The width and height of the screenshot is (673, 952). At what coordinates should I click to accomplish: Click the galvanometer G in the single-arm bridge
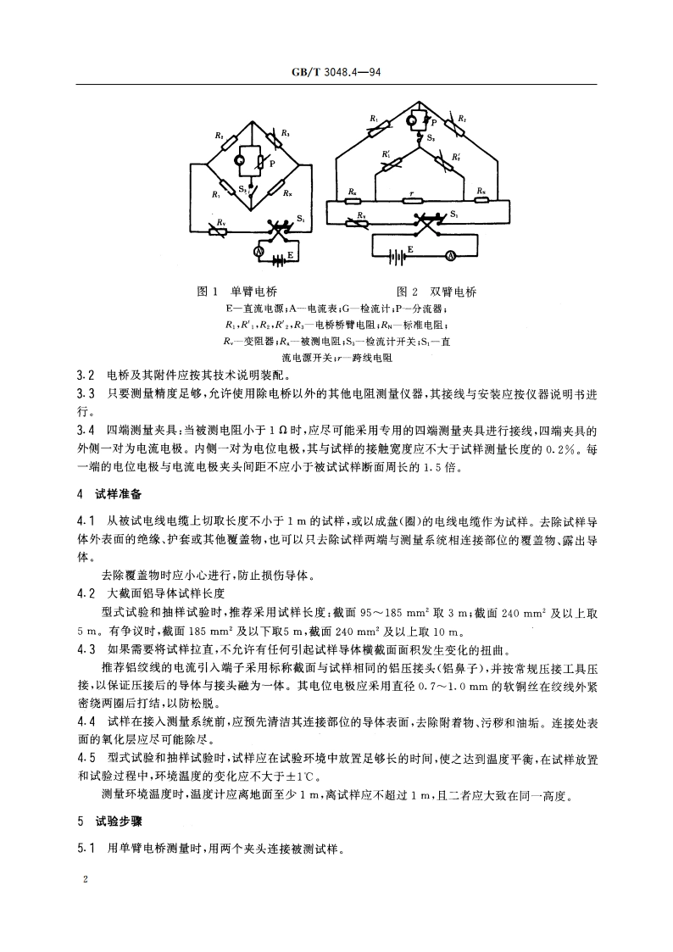pos(240,159)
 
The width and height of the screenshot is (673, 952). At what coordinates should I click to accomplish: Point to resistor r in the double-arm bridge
pos(412,201)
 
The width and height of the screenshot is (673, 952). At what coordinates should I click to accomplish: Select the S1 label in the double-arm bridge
pos(455,213)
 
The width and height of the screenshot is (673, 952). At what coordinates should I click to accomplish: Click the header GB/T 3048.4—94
pos(336,71)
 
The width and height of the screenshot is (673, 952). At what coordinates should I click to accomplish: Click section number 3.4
pos(85,431)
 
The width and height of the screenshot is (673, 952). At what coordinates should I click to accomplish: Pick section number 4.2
pos(85,593)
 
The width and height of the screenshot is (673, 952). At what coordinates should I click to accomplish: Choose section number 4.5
pos(85,757)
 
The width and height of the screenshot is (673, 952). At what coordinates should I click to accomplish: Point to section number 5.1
pos(85,848)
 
